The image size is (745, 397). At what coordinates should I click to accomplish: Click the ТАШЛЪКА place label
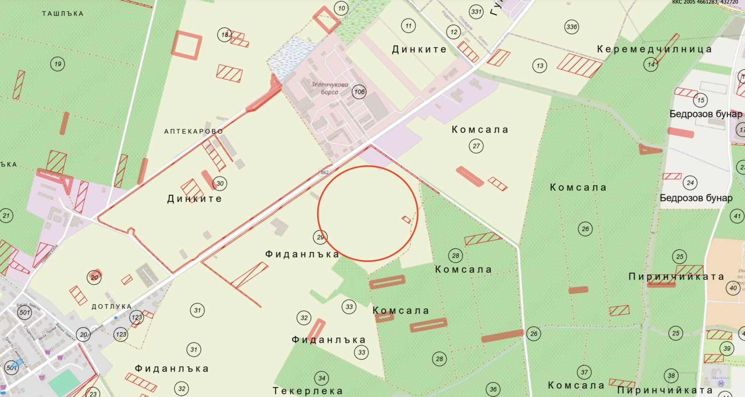(63, 14)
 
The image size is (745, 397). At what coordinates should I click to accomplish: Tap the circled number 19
(58, 64)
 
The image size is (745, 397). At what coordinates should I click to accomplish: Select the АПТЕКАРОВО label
(193, 131)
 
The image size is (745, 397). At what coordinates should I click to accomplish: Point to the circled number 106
(359, 92)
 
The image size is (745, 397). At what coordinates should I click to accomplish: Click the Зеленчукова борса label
(330, 88)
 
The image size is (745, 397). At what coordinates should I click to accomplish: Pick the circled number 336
(572, 27)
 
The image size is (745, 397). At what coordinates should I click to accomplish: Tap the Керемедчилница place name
(654, 49)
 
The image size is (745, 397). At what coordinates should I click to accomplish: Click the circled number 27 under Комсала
(476, 146)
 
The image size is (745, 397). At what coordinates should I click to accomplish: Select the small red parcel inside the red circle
(406, 219)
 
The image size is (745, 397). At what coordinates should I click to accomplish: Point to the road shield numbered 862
(325, 172)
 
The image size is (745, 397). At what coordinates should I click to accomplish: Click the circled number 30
(220, 183)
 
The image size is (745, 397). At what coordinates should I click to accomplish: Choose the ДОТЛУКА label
(111, 306)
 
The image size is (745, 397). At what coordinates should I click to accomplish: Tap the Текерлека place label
(307, 391)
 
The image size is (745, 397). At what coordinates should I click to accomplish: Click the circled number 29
(320, 237)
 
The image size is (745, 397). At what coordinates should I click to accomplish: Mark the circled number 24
(690, 183)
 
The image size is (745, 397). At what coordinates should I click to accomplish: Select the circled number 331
(476, 12)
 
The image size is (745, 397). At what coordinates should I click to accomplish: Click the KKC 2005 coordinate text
(705, 2)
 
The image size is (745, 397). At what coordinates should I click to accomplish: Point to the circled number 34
(322, 378)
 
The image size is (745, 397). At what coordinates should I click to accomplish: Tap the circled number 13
(540, 66)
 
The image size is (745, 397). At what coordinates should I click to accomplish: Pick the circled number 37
(584, 372)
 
